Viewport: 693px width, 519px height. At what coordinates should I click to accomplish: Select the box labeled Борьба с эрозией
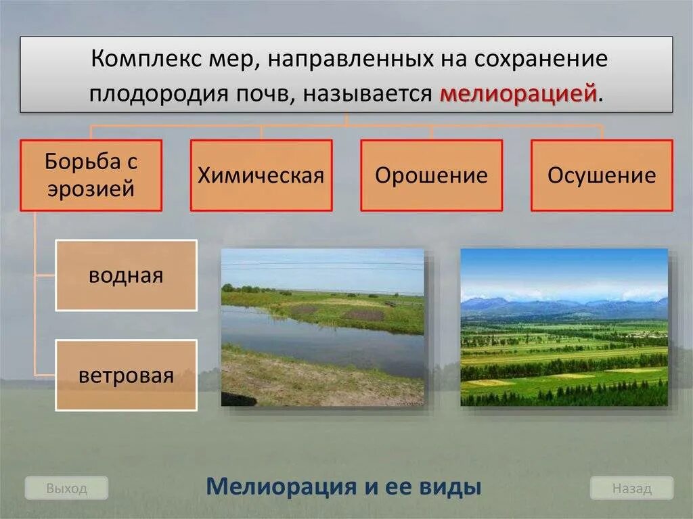91,175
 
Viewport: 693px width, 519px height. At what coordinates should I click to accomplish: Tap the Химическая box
261,175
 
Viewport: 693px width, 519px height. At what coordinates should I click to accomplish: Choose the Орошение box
432,175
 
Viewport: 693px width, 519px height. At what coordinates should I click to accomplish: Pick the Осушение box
602,175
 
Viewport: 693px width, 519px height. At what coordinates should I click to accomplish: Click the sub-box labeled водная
126,275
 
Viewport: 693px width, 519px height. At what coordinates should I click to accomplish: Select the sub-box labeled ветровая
126,375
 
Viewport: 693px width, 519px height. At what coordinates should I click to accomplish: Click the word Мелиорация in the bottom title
281,487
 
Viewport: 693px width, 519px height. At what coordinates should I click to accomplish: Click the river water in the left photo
318,335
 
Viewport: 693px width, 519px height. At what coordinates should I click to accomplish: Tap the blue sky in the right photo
562,267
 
